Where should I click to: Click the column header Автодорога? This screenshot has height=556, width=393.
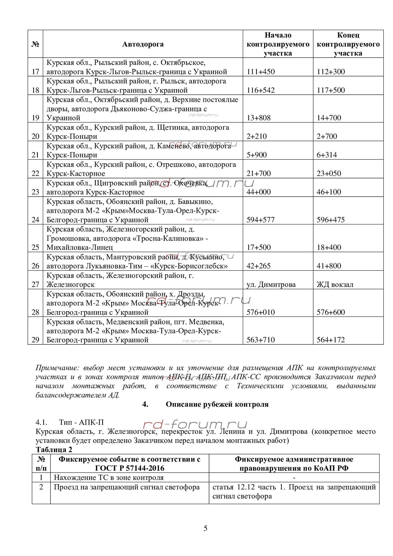pos(143,44)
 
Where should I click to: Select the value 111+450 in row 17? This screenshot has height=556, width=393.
pos(260,72)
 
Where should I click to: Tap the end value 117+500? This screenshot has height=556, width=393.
pos(331,90)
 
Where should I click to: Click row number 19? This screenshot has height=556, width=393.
pos(35,118)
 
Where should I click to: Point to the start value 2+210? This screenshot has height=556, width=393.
pos(257,136)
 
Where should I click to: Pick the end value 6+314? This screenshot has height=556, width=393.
pos(327,155)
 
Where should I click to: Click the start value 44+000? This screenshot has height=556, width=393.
pos(258,192)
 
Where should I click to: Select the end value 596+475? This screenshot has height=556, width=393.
pos(330,220)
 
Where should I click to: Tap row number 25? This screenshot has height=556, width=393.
pos(35,247)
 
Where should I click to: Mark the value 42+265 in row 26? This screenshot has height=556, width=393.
pos(258,266)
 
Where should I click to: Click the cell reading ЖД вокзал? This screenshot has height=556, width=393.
pos(335,284)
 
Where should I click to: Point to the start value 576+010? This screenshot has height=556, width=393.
pos(260,312)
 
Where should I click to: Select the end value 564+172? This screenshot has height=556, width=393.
pos(330,340)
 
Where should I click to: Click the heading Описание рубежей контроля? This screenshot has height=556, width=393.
pos(217,404)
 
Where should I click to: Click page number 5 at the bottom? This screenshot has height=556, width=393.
pos(205,528)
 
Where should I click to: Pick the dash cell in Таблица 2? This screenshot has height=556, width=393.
pos(294,478)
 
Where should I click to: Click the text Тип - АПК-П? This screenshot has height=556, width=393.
pos(81,422)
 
